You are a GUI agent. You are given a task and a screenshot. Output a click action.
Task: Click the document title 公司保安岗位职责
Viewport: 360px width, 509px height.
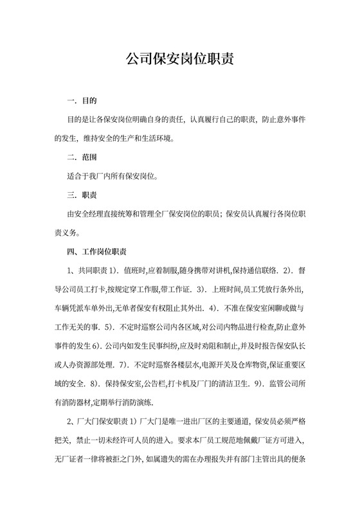pyautogui.click(x=179, y=60)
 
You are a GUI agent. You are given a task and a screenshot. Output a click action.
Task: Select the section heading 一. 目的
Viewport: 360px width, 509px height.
pyautogui.click(x=82, y=101)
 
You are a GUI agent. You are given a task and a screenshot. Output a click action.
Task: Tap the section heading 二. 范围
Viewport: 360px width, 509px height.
pyautogui.click(x=82, y=156)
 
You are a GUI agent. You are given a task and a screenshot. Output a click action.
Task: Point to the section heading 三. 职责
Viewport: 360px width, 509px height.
pyautogui.click(x=82, y=193)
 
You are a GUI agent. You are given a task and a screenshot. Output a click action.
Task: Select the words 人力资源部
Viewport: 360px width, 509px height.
pyautogui.click(x=85, y=365)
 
